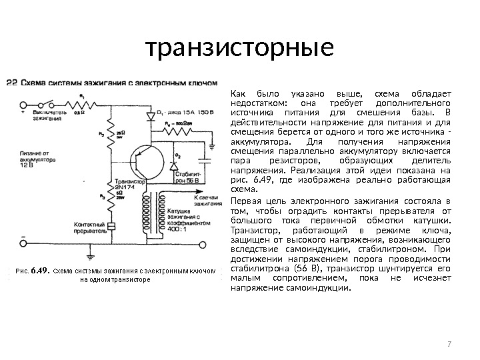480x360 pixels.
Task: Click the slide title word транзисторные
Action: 239,47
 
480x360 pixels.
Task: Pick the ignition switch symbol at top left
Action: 47,104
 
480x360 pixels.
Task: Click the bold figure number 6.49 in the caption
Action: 41,271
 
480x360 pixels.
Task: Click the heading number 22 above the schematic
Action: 11,83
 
